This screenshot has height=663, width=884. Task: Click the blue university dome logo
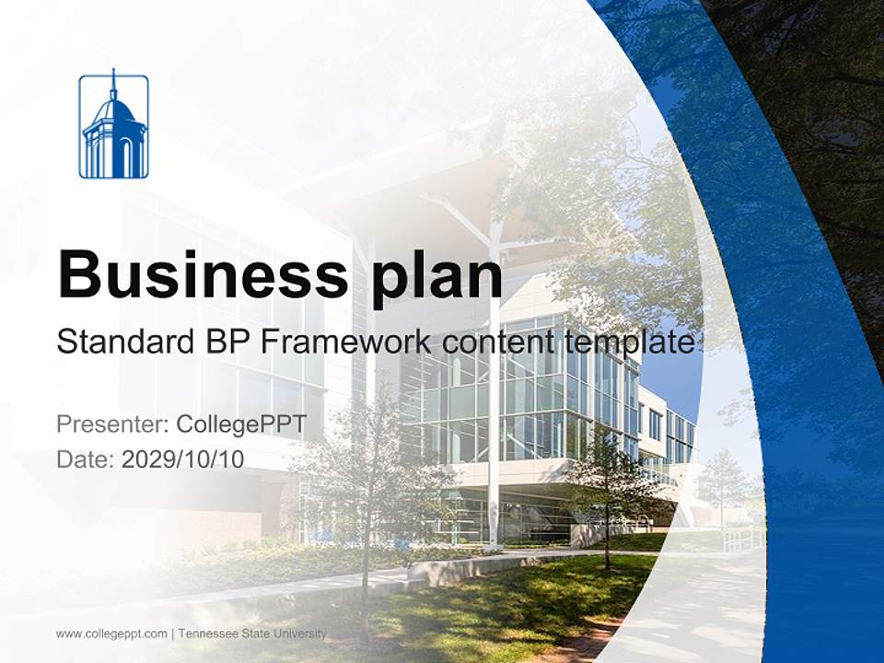point(113,126)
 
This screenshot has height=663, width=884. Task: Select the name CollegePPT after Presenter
point(241,425)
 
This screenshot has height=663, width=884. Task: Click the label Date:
point(86,459)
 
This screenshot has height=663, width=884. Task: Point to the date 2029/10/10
point(183,459)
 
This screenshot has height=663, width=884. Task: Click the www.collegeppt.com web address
point(111,634)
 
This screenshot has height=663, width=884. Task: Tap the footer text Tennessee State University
point(252,634)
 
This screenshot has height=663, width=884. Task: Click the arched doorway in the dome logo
point(127,158)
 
